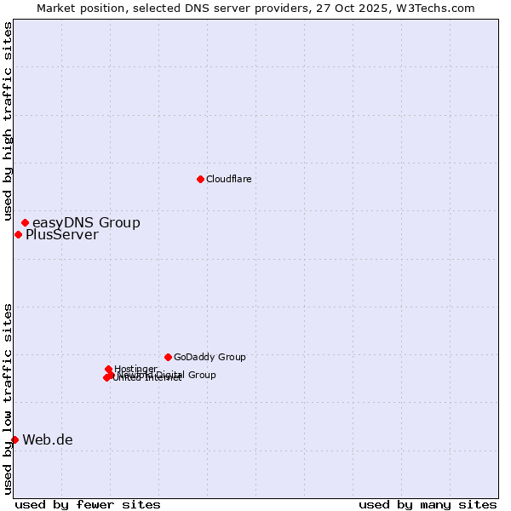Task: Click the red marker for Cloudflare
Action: click(x=200, y=179)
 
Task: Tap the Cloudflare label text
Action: click(x=228, y=179)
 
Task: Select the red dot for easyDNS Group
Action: click(x=25, y=222)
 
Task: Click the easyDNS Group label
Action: click(x=86, y=223)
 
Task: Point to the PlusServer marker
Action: click(x=18, y=234)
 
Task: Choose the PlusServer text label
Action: click(x=61, y=235)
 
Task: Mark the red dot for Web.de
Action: click(x=14, y=439)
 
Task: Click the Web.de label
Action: click(x=48, y=440)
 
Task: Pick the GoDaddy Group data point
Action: click(x=168, y=357)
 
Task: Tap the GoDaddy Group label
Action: click(x=210, y=358)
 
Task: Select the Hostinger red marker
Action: click(x=108, y=369)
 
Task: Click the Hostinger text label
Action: click(x=135, y=369)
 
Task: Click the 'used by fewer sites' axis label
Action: click(x=88, y=504)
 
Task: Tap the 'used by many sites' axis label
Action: click(x=428, y=504)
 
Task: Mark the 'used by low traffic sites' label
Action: click(x=9, y=399)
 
